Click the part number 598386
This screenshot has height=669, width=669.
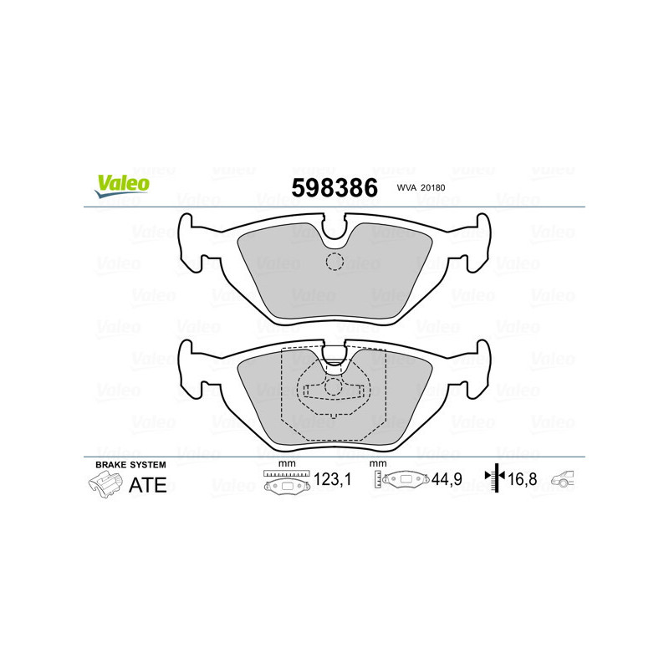(x=334, y=188)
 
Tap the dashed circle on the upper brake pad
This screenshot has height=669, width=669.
(x=334, y=261)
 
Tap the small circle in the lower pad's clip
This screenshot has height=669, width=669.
(x=334, y=386)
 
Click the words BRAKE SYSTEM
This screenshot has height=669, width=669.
(x=130, y=464)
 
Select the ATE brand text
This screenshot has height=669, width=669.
(x=147, y=485)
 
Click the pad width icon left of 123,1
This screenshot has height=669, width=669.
(x=287, y=483)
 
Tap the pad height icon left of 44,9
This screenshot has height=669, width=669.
(x=402, y=481)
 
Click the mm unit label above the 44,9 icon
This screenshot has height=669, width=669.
(x=377, y=463)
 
